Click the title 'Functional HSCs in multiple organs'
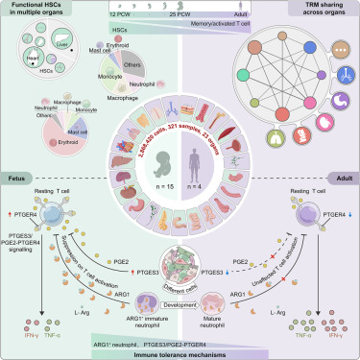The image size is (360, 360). click(x=44, y=12)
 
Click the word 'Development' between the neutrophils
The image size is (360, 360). click(x=180, y=313)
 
